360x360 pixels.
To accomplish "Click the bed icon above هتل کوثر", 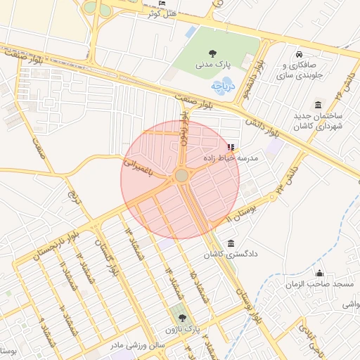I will (163, 4).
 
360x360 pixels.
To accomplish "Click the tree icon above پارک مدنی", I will (212, 53).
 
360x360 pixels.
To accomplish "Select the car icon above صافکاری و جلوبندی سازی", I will (300, 55).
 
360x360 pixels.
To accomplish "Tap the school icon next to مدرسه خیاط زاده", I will (231, 147).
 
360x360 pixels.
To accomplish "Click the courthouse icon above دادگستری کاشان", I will (230, 243).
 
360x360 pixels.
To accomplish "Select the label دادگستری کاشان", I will (229, 254).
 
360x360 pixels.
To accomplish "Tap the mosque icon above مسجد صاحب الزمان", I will (320, 274).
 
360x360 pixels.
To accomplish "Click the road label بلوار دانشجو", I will (258, 78).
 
